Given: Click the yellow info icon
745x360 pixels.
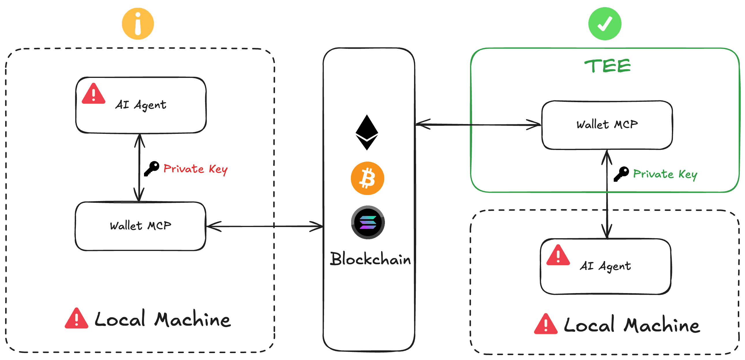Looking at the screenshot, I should [138, 24].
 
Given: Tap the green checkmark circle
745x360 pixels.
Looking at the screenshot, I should [604, 24].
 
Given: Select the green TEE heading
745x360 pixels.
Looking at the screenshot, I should [607, 66].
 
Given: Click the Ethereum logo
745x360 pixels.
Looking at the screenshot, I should [367, 132].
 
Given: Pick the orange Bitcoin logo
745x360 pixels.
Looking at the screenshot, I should [367, 178].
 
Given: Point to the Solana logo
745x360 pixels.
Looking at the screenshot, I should [368, 222].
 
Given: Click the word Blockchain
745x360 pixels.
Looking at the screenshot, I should [370, 259].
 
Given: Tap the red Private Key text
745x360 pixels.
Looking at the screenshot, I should [196, 169].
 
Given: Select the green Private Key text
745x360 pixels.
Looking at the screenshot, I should [665, 174].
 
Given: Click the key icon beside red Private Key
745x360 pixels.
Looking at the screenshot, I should [152, 168].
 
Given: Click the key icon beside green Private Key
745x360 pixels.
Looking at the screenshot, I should [621, 174].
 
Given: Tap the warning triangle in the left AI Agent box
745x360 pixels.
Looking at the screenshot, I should [93, 94].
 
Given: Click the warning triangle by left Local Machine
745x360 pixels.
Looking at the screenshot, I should [76, 319].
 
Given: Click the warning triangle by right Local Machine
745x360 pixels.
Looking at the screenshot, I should [545, 325].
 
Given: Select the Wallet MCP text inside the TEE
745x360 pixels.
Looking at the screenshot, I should [607, 125].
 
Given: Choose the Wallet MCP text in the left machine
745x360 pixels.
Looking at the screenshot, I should [141, 226].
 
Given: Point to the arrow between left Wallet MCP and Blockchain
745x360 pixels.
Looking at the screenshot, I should [265, 226].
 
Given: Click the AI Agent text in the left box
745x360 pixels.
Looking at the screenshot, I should [141, 105].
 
